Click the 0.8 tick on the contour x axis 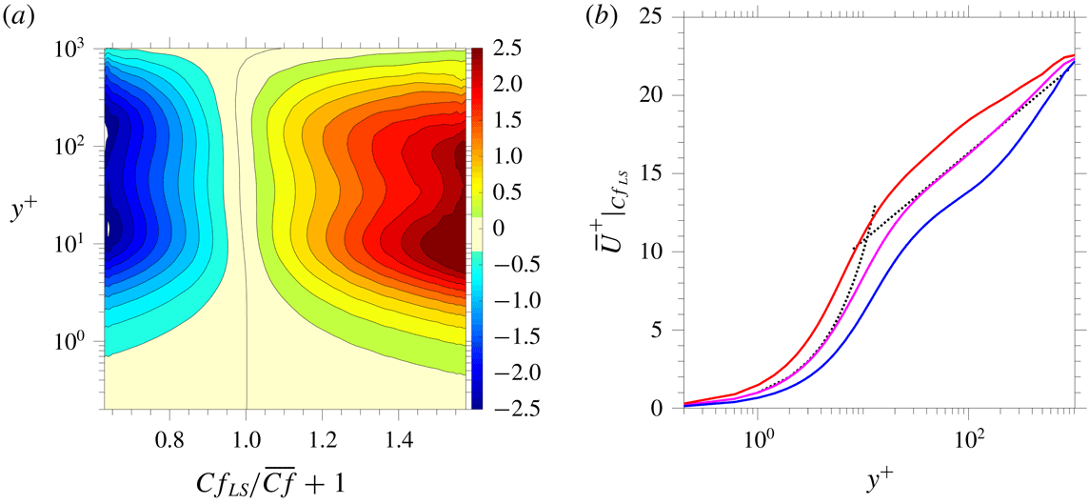(170, 443)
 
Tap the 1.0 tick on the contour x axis (247, 443)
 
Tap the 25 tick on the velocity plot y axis (660, 16)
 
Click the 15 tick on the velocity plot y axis (660, 173)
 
